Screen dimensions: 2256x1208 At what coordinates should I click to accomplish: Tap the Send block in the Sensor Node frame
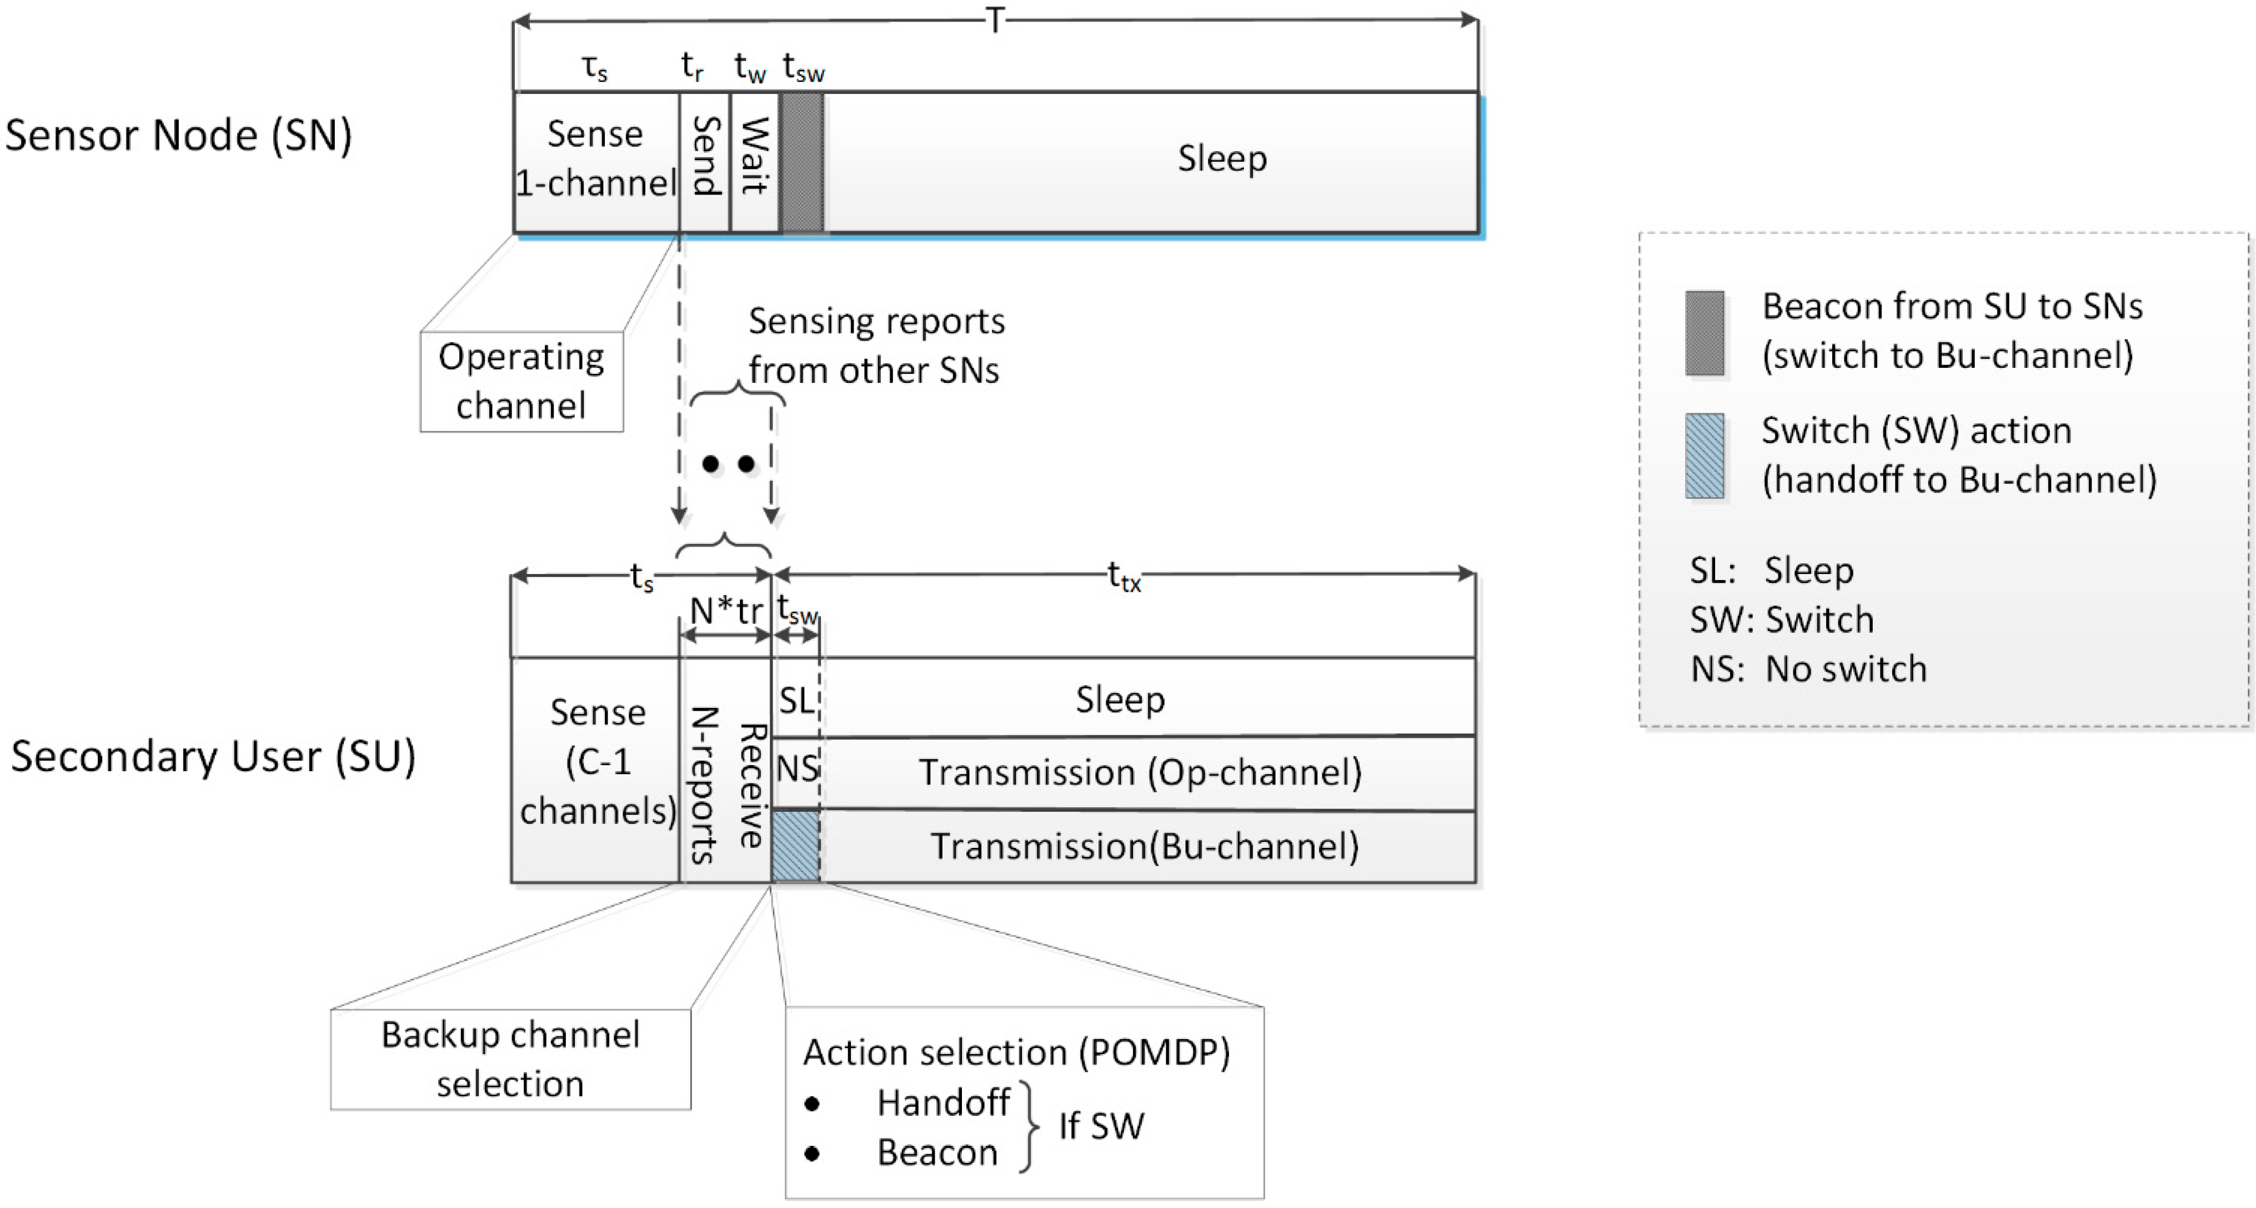[x=705, y=162]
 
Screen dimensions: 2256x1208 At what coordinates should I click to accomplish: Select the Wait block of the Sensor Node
[x=755, y=162]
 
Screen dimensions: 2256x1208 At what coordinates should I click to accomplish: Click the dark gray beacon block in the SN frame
[x=802, y=162]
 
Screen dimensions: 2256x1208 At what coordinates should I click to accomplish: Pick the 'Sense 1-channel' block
[x=596, y=162]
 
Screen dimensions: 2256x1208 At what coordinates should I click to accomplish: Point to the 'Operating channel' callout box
[x=522, y=381]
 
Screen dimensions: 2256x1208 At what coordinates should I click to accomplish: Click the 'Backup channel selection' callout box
[x=510, y=1059]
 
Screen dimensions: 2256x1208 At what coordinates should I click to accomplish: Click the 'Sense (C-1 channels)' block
[x=596, y=769]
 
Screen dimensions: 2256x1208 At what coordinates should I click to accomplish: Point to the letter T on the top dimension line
[x=995, y=19]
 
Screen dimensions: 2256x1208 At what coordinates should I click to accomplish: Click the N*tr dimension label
[x=726, y=611]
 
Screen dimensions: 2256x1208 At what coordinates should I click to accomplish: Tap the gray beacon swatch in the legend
[x=1705, y=333]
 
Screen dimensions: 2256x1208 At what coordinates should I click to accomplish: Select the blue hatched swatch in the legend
[x=1705, y=456]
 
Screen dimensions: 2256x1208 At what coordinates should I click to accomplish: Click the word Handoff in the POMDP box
[x=943, y=1103]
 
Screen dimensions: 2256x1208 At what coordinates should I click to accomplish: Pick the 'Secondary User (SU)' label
[x=213, y=757]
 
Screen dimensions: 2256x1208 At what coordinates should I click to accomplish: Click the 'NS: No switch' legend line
[x=1808, y=668]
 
